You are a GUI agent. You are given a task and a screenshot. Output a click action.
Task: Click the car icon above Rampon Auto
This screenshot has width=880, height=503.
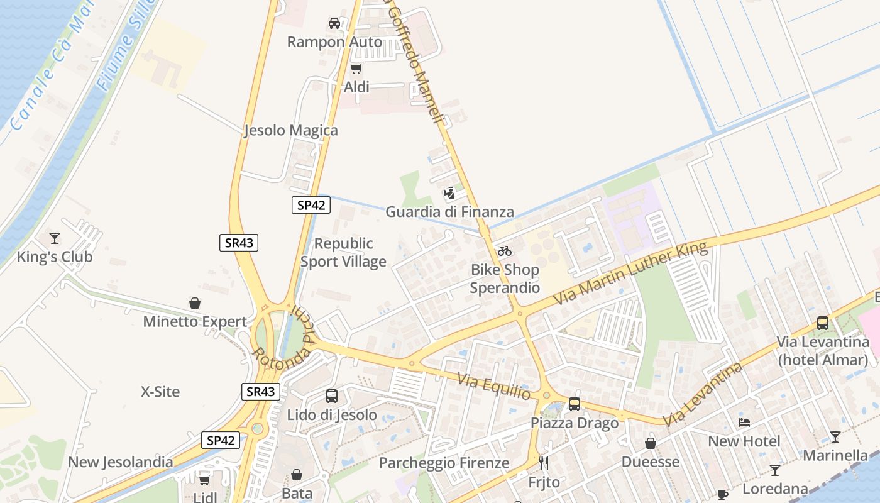(x=334, y=23)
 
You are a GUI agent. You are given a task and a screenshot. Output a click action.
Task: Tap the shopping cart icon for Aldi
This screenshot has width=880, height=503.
(x=356, y=69)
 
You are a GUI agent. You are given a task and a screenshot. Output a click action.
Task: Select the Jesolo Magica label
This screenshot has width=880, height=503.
(x=290, y=131)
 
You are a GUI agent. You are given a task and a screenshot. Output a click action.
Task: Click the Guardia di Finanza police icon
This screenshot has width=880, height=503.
(x=449, y=193)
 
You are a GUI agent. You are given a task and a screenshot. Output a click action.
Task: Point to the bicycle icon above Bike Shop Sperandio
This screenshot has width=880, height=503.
(x=505, y=251)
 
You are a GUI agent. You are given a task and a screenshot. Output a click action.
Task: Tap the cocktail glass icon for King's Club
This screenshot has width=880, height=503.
(x=55, y=238)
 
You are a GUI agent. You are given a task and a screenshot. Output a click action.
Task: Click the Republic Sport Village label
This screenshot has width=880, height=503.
(x=343, y=252)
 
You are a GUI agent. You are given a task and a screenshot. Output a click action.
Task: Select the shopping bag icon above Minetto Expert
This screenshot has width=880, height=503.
(x=195, y=303)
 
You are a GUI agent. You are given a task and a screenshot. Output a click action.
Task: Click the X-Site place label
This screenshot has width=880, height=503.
(x=160, y=392)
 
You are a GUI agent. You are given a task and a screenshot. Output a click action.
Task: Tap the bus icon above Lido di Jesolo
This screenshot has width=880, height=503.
(x=332, y=396)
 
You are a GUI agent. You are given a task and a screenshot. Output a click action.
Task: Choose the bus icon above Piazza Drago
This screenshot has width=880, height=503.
(x=575, y=404)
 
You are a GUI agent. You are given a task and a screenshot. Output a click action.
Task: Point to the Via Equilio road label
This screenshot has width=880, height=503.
(x=494, y=386)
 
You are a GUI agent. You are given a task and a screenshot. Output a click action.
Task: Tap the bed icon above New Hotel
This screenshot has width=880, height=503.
(x=744, y=423)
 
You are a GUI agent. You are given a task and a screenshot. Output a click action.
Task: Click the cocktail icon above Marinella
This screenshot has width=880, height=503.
(x=835, y=436)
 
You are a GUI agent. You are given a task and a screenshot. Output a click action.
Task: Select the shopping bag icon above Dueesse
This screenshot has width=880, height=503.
(x=651, y=443)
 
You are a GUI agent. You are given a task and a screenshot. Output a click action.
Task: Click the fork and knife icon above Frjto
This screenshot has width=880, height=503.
(x=544, y=463)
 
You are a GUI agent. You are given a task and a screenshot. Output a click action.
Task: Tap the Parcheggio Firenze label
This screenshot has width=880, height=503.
(x=444, y=463)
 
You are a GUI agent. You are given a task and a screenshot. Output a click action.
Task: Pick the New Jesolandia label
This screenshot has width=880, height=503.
(x=121, y=462)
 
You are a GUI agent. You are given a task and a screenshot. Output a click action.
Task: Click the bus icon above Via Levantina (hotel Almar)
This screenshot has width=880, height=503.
(x=822, y=323)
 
